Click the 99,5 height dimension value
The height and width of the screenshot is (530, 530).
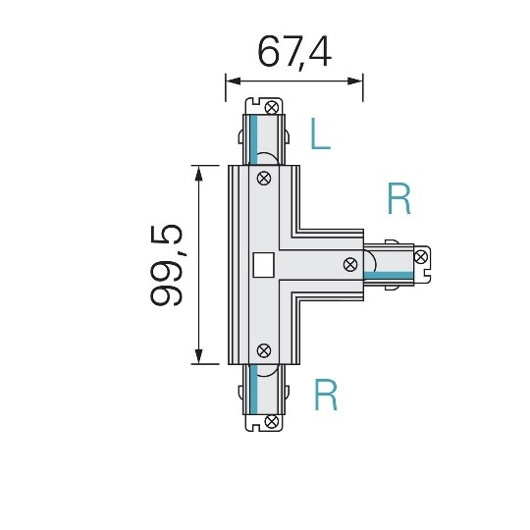point(167,265)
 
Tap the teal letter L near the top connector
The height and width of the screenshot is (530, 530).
point(320,133)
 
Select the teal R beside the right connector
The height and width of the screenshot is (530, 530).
point(398,198)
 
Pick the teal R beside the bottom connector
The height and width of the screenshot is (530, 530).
point(326,395)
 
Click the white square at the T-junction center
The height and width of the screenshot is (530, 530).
point(263,265)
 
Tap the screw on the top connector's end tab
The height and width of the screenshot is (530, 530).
point(272,108)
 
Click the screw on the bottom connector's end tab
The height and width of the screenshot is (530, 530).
point(272,421)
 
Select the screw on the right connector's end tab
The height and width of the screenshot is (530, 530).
point(421,257)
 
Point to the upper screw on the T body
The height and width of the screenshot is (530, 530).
point(264,178)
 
